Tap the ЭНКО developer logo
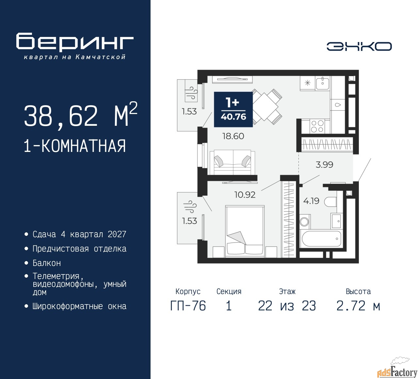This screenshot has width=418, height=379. (359, 46)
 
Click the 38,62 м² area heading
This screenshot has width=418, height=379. (81, 115)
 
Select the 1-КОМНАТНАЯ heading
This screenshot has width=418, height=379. (75, 146)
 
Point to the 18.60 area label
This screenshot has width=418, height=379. (233, 136)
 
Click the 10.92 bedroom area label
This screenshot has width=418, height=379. (245, 195)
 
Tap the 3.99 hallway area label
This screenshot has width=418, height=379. (324, 165)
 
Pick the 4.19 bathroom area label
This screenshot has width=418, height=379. (311, 201)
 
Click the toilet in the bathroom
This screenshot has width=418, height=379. (330, 202)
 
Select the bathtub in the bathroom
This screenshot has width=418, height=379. (321, 239)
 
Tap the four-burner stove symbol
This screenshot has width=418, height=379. (317, 126)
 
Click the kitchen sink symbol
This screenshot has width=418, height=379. (322, 83)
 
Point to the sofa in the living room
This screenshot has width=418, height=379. (232, 162)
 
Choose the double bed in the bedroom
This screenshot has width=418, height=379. (245, 231)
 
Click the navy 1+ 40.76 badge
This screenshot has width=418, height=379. (233, 109)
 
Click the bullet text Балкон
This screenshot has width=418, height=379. (47, 263)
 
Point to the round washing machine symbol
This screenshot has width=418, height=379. (304, 222)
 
